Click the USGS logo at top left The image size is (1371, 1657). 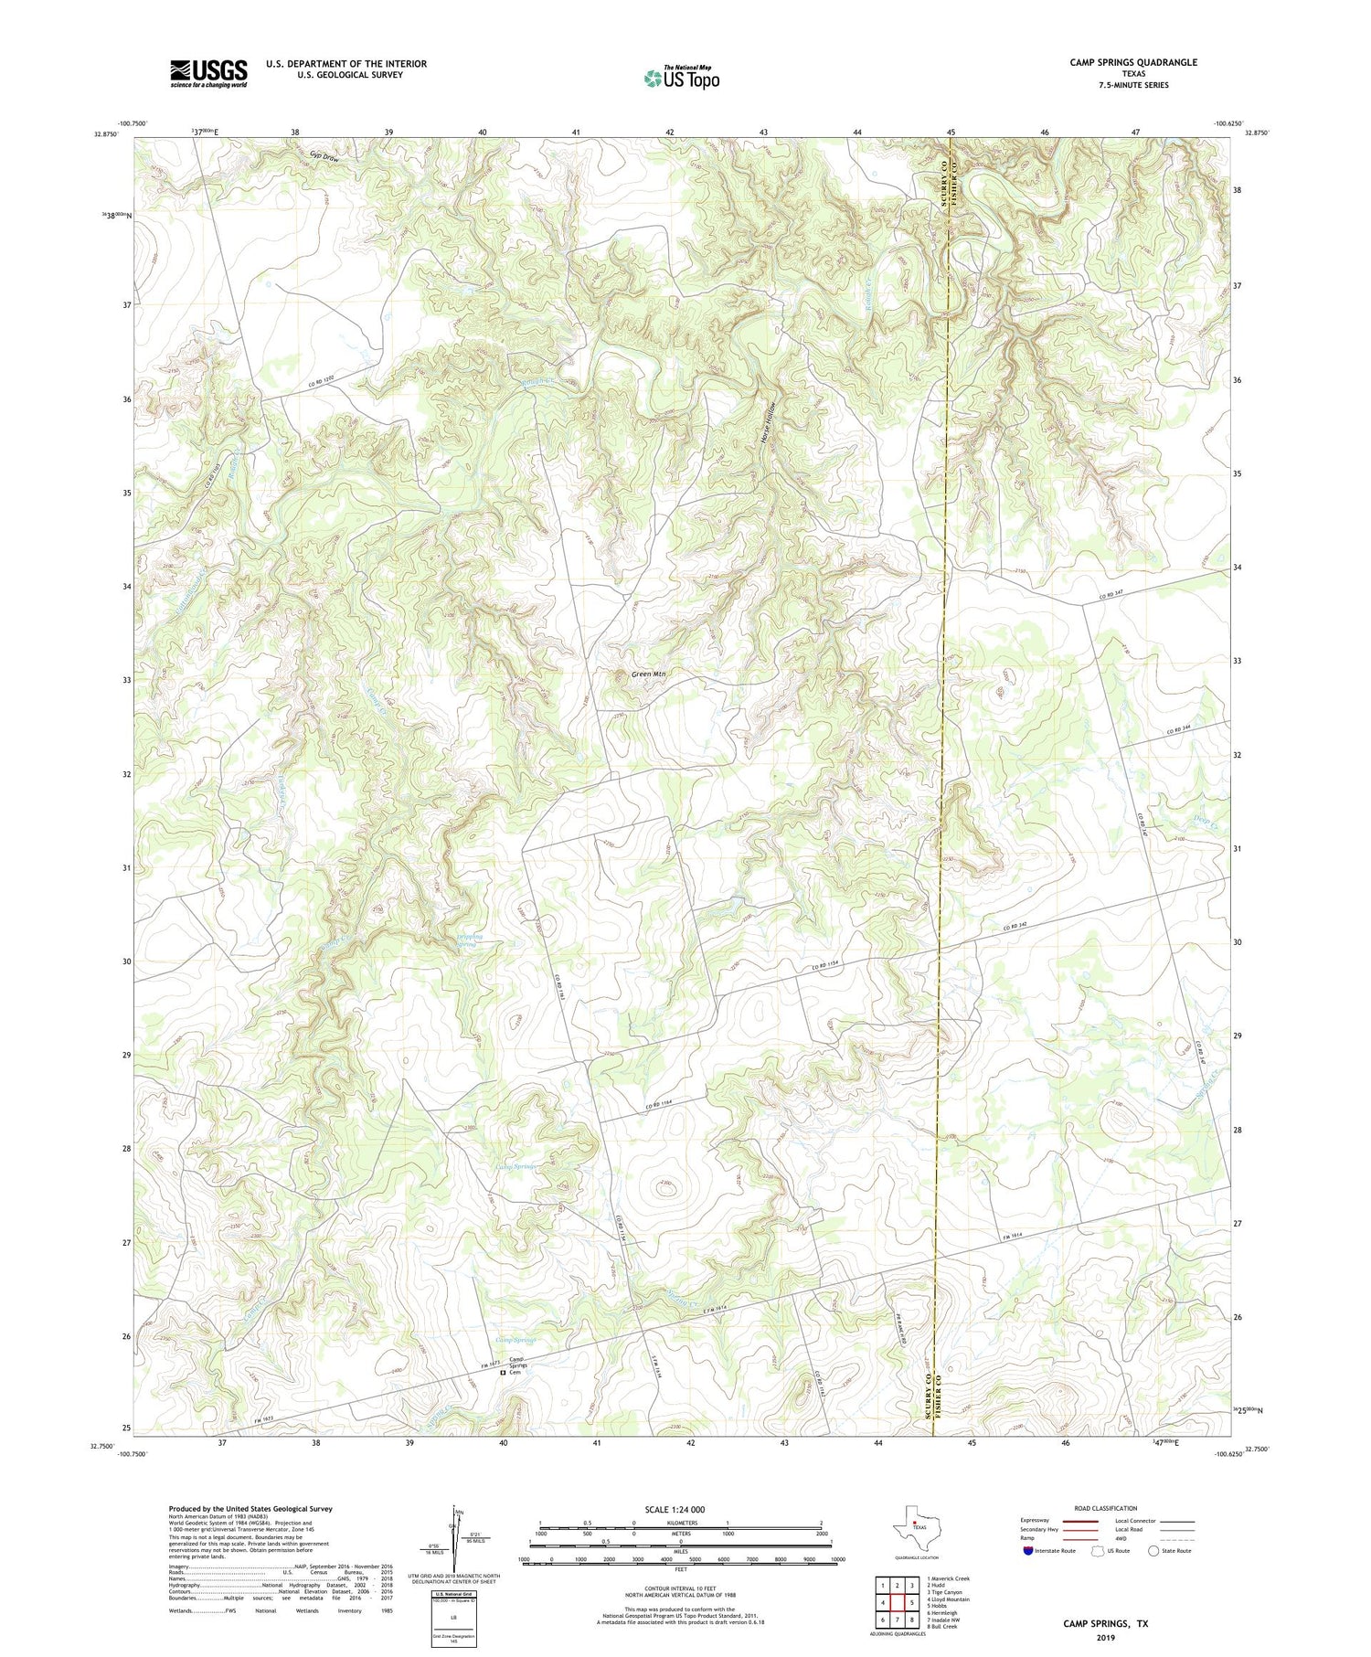click(x=208, y=73)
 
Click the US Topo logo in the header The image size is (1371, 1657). click(x=681, y=79)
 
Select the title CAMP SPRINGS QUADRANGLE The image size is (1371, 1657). click(x=1132, y=62)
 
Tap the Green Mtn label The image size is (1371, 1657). click(x=648, y=674)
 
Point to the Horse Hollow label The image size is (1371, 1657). click(x=770, y=423)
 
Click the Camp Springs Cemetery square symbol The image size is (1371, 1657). click(x=502, y=1372)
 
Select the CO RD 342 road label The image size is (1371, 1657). click(x=1021, y=927)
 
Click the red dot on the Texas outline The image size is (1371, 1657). click(x=915, y=1523)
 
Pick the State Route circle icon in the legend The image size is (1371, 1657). click(x=1153, y=1551)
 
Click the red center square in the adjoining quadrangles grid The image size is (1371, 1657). click(x=898, y=1603)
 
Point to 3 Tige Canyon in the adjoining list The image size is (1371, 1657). click(x=946, y=1592)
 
